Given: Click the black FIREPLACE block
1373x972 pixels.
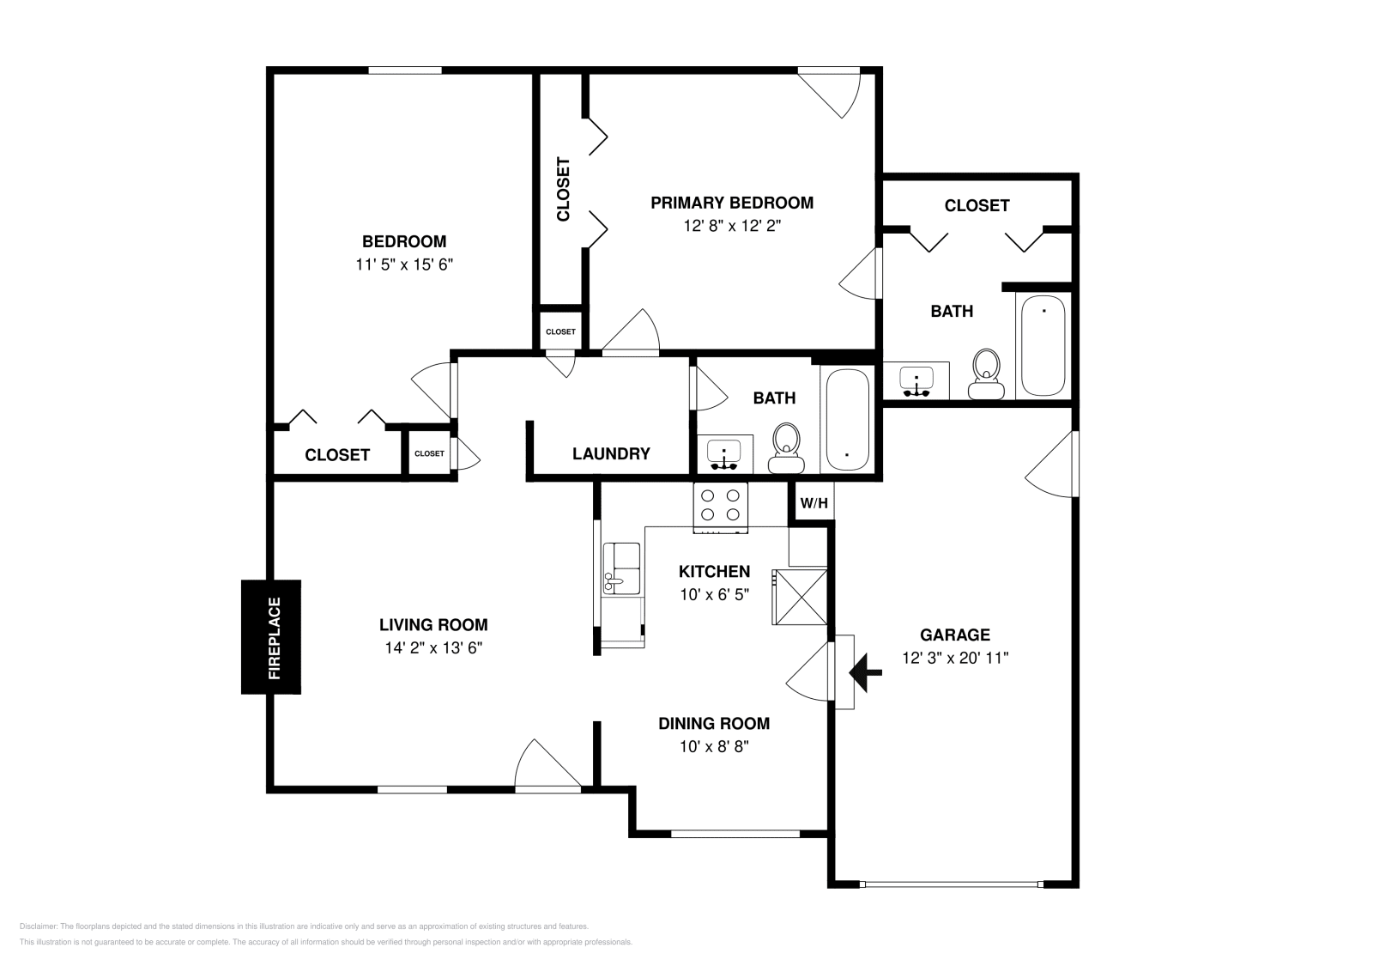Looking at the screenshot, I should coord(271,636).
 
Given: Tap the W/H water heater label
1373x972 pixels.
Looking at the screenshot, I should coord(814,503).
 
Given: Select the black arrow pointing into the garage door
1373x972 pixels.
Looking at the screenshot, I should coord(866,671).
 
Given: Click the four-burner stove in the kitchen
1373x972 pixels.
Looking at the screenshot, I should coord(721,505).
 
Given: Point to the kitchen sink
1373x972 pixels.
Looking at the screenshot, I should coord(621,568).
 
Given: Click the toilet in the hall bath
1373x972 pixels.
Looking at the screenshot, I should coord(785,449).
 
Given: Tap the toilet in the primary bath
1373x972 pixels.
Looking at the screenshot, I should coord(987,375).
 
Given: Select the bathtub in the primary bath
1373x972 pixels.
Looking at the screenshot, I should coord(1043,346).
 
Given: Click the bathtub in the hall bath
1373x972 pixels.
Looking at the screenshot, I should coord(847,420).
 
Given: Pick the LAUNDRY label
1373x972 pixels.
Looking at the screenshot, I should coord(611,453).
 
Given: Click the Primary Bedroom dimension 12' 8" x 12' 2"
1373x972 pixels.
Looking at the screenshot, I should coord(732,226).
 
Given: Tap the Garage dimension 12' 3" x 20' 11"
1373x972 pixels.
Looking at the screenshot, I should coord(955,659).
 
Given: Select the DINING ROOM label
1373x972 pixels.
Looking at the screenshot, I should coord(714,724).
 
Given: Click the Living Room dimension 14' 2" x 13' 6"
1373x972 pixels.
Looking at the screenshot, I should coord(433,648).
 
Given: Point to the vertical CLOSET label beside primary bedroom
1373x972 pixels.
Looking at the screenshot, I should coord(563,189).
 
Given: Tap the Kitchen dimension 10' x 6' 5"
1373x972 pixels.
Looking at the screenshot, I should coord(715,594).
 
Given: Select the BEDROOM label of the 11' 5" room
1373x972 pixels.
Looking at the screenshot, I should coord(404,241).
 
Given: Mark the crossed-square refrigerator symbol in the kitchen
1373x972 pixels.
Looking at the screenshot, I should coord(801,596).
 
